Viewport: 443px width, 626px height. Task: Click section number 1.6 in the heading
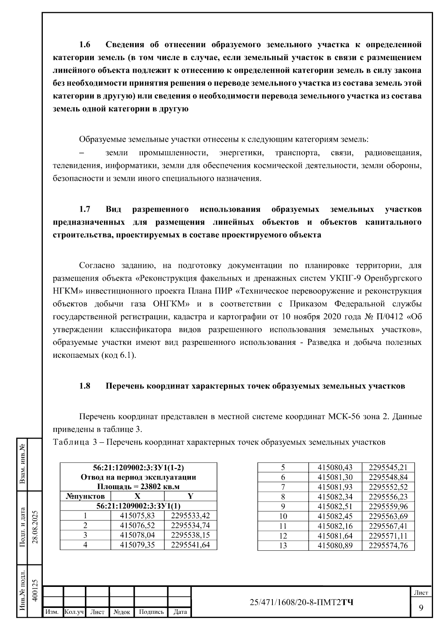coord(85,45)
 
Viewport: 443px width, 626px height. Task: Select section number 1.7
coord(85,210)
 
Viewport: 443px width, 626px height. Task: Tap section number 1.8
coord(85,386)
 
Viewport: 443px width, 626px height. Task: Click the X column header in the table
coord(137,496)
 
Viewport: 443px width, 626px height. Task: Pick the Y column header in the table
coord(190,496)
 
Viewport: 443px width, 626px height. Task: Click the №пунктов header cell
coord(85,496)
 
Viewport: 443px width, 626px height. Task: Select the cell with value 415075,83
coord(137,516)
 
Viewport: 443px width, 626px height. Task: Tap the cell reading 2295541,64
coord(190,545)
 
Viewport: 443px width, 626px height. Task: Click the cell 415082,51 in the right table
coord(335,506)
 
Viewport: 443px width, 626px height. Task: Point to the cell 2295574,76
coord(388,546)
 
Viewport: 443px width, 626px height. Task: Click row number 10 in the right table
coord(283,516)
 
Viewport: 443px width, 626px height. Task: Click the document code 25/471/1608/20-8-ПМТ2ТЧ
coord(301,603)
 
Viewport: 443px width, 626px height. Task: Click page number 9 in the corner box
coord(421,608)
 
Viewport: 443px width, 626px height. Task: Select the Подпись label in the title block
coord(151,612)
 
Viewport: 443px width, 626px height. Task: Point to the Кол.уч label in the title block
coord(74,612)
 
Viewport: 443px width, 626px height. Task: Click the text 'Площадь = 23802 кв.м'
coord(138,487)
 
